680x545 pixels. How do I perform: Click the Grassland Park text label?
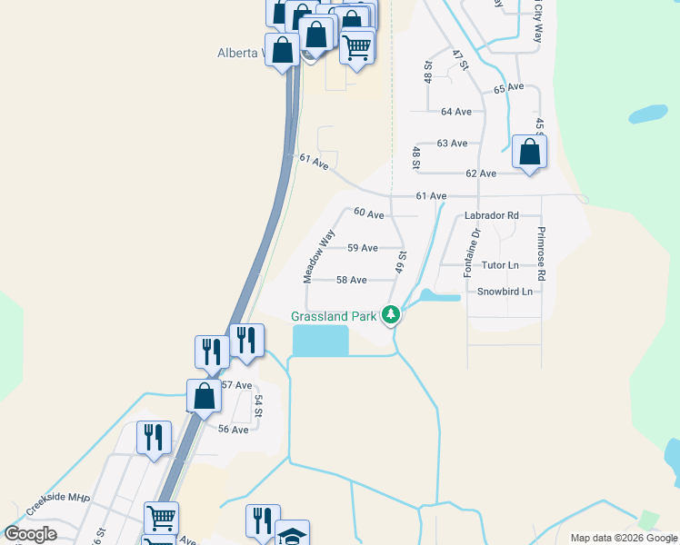click(x=333, y=316)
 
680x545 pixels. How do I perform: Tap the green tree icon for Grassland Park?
click(x=391, y=315)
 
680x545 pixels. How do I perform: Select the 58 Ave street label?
click(x=351, y=281)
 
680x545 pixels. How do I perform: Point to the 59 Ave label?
click(x=363, y=248)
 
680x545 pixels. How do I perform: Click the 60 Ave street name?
click(x=369, y=213)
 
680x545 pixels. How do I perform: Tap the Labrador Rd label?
click(x=491, y=216)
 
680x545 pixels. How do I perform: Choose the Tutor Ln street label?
click(x=500, y=265)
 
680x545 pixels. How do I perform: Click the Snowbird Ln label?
click(x=505, y=292)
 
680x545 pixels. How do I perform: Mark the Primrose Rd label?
click(x=541, y=253)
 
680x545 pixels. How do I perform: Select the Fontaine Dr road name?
click(x=471, y=253)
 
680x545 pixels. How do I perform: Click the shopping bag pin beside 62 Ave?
click(x=529, y=153)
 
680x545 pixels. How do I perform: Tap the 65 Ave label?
click(x=509, y=88)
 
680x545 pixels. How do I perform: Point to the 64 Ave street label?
click(x=455, y=112)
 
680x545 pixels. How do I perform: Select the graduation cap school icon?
click(x=293, y=534)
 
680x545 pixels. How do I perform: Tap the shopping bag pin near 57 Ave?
click(x=204, y=396)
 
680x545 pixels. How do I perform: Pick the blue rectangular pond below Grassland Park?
click(x=320, y=341)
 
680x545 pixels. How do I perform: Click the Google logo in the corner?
click(x=31, y=534)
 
